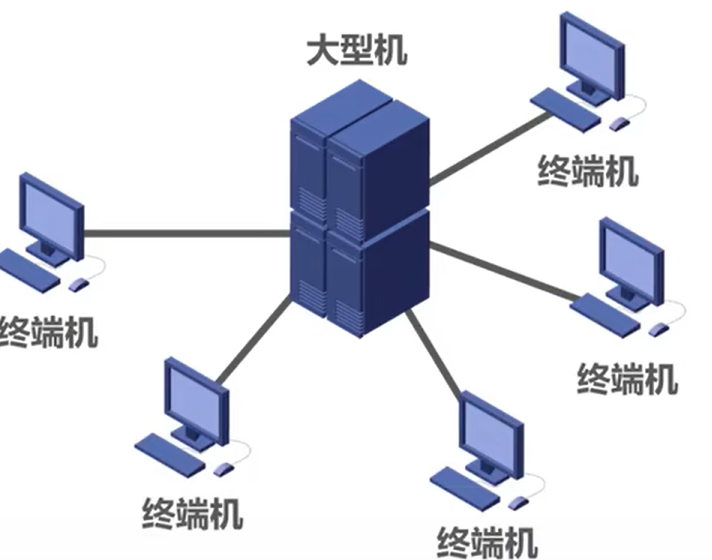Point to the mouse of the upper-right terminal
620,123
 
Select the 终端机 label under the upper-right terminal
587,170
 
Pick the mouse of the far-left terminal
80,284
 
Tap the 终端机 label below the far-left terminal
48,331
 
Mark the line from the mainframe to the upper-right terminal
490,150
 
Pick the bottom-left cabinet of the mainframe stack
310,265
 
